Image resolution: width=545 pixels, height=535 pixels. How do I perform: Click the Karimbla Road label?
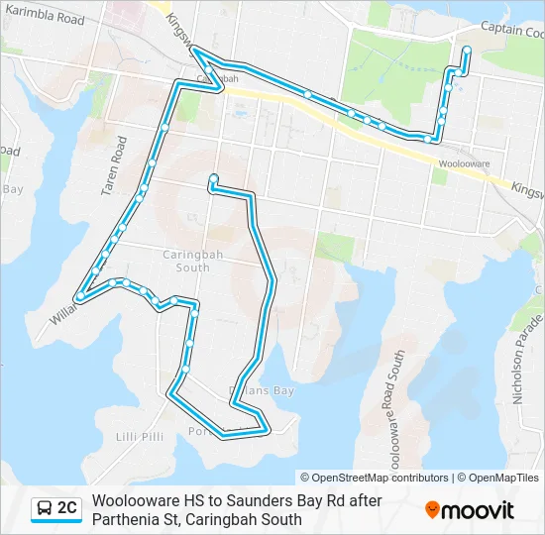[x=43, y=18]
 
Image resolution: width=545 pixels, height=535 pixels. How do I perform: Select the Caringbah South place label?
[x=185, y=261]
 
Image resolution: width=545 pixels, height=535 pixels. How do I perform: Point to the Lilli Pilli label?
[x=139, y=437]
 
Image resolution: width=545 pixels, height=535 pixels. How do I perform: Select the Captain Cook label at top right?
[x=513, y=31]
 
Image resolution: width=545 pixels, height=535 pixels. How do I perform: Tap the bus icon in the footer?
[x=45, y=509]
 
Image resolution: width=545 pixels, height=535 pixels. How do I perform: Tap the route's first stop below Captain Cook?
[x=466, y=50]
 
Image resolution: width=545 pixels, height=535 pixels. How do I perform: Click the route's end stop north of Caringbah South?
[x=212, y=178]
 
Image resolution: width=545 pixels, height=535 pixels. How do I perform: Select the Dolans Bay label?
[x=262, y=391]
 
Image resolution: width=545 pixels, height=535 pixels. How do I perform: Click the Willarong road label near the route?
[x=62, y=308]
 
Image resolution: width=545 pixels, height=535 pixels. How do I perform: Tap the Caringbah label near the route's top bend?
[x=216, y=78]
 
